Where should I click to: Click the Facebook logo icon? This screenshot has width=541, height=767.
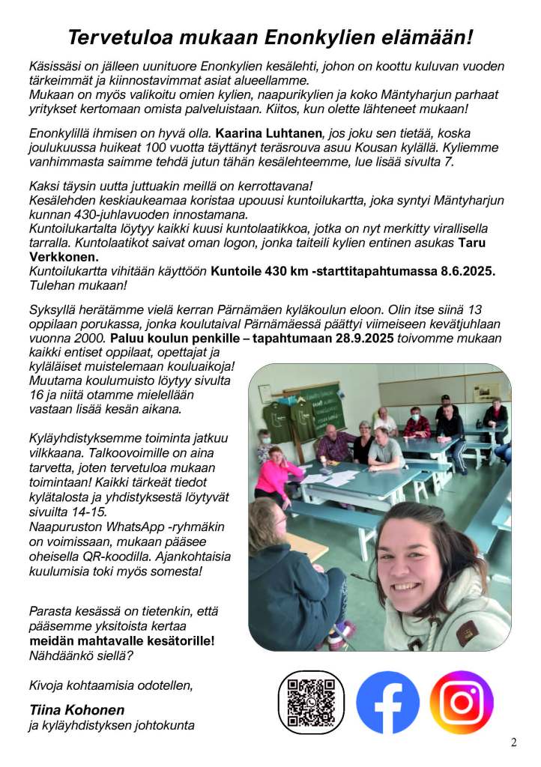tap(387, 702)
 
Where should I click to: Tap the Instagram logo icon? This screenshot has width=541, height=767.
tap(462, 702)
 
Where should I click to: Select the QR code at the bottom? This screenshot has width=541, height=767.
tap(311, 703)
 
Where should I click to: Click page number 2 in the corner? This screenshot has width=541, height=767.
tap(514, 743)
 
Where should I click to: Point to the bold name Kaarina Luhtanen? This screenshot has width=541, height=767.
tap(264, 133)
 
